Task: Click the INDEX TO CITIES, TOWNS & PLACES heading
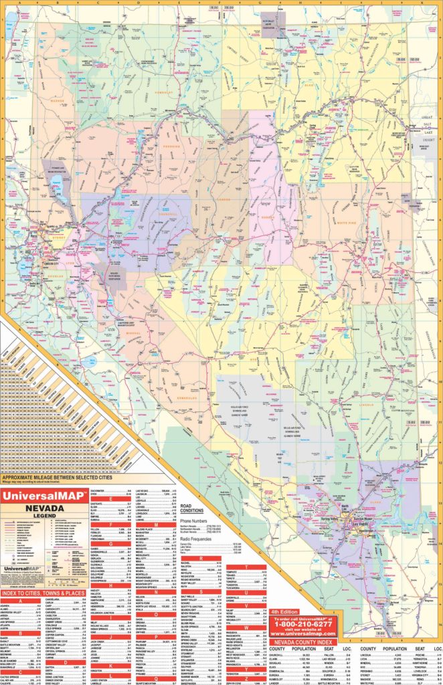(42, 593)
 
